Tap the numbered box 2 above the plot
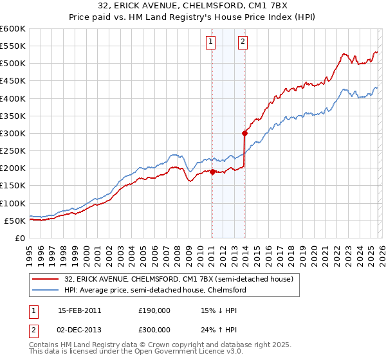click(x=243, y=42)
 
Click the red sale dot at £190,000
click(x=212, y=172)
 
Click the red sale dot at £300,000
click(x=244, y=134)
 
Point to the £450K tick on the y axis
click(x=13, y=81)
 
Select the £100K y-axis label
click(x=13, y=203)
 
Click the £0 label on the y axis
click(x=20, y=238)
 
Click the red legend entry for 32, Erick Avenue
click(x=179, y=279)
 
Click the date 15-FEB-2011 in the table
click(x=79, y=310)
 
